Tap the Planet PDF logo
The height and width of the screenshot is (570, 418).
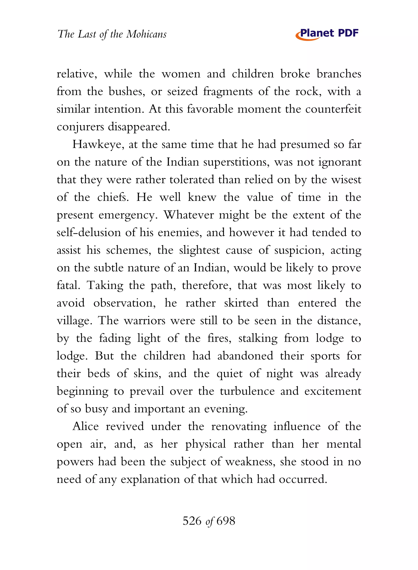pyautogui.click(x=327, y=34)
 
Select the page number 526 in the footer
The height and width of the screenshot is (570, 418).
pyautogui.click(x=192, y=521)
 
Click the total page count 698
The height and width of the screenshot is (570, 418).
pyautogui.click(x=226, y=521)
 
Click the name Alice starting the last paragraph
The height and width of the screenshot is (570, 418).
pyautogui.click(x=86, y=427)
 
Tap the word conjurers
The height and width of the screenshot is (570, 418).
pyautogui.click(x=80, y=127)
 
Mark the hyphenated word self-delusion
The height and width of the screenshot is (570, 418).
pyautogui.click(x=89, y=233)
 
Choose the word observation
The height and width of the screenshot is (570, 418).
pyautogui.click(x=124, y=303)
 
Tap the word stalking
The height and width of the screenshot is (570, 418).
pyautogui.click(x=258, y=338)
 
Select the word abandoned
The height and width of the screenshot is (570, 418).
pyautogui.click(x=245, y=356)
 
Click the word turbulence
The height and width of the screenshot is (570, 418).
pyautogui.click(x=247, y=391)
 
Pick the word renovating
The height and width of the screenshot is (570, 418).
pyautogui.click(x=239, y=427)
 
